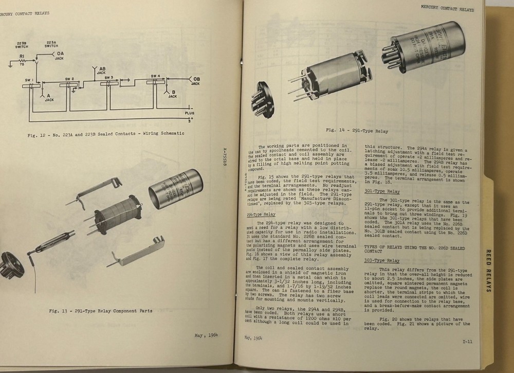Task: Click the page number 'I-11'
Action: click(467, 341)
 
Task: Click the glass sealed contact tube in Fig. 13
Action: click(57, 243)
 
